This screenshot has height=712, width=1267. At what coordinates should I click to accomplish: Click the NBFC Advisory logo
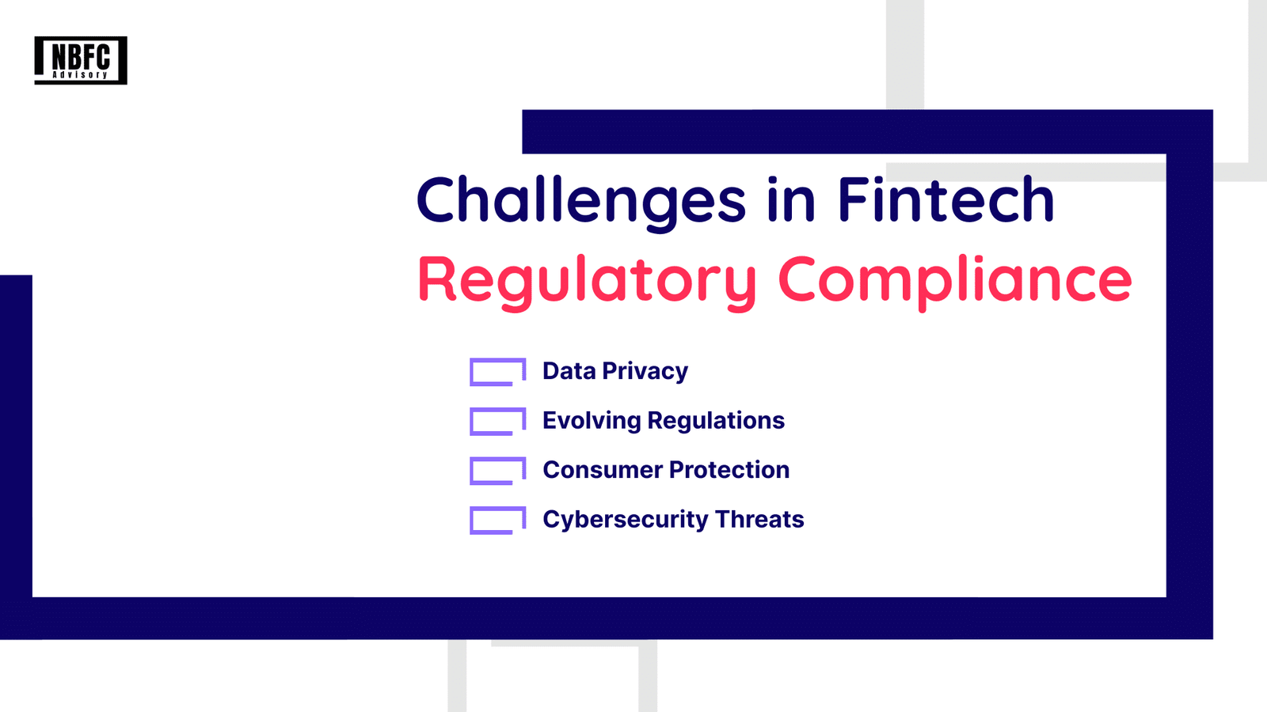[81, 60]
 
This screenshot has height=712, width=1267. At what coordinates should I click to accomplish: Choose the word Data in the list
[569, 371]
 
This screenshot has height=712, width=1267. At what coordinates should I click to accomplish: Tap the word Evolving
[592, 422]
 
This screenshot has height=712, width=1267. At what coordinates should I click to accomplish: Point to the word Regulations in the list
[716, 422]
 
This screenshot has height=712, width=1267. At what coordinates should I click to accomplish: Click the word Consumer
[603, 470]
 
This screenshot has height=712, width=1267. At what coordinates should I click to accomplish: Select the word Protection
[729, 470]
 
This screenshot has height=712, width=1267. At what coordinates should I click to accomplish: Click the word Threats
[759, 519]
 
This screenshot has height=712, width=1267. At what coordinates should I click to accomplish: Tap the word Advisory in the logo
[80, 74]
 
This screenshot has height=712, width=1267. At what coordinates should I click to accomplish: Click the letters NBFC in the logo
[81, 56]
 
